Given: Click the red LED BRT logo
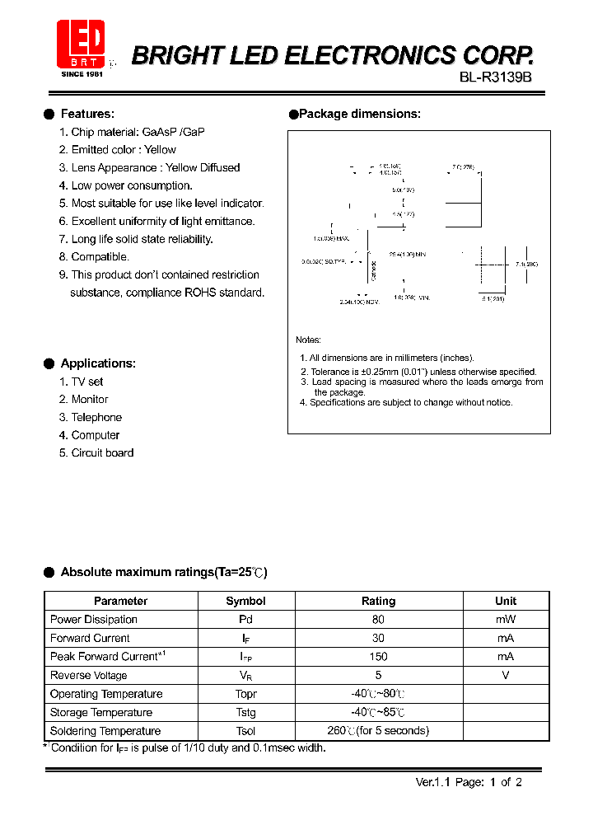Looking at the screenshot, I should (81, 44).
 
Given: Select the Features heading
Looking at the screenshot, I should (87, 114).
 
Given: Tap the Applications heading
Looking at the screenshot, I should (98, 363).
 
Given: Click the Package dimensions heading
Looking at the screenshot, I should (359, 114).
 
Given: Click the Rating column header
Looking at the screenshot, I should (378, 602).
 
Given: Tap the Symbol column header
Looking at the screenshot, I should (245, 602).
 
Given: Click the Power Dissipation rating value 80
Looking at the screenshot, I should (378, 620).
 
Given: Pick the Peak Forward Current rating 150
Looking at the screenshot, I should (378, 657).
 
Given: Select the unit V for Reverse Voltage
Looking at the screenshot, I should (506, 675).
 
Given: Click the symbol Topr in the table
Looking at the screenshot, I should (245, 694).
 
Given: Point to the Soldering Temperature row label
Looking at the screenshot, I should (105, 731).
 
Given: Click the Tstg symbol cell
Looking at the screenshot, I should (245, 713).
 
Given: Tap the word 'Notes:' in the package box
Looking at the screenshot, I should (309, 340).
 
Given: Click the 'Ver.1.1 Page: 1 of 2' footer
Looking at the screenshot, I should (469, 783).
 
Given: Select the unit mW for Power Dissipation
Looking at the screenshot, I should (506, 620).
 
